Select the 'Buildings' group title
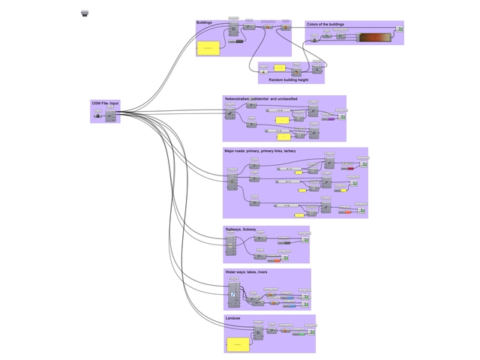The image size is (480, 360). pyautogui.click(x=204, y=23)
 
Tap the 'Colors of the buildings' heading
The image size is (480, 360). pyautogui.click(x=325, y=24)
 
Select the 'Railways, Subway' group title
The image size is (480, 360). pyautogui.click(x=240, y=229)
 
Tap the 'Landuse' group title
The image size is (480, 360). pyautogui.click(x=233, y=319)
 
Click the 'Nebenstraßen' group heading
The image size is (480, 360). pyautogui.click(x=260, y=98)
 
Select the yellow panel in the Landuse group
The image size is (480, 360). pyautogui.click(x=237, y=343)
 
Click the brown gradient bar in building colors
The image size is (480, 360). pyautogui.click(x=375, y=38)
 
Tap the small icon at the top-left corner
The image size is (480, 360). pyautogui.click(x=85, y=13)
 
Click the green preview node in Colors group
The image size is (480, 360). pyautogui.click(x=400, y=29)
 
